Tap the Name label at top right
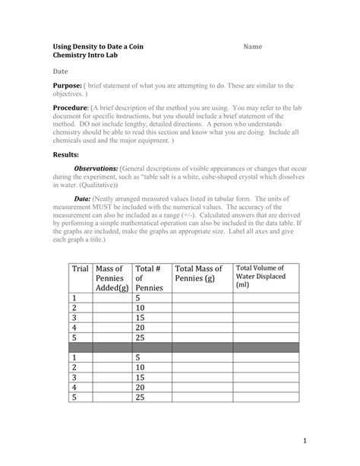click(253, 47)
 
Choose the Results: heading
click(65, 154)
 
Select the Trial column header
click(80, 268)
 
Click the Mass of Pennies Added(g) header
click(111, 278)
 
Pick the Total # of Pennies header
click(149, 278)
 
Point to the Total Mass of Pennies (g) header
click(199, 274)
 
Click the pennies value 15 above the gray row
click(140, 319)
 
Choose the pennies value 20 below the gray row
click(140, 386)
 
